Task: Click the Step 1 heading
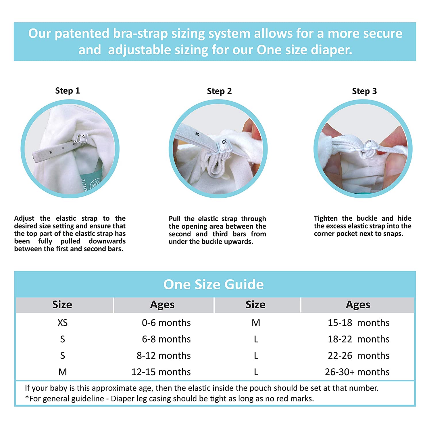[68, 91]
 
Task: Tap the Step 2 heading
[219, 91]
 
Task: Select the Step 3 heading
[364, 91]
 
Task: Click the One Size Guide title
[213, 284]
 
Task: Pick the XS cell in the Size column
[63, 323]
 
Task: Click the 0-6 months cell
[166, 323]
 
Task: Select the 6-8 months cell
[166, 339]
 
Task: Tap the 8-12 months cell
[163, 355]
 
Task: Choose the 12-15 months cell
[161, 372]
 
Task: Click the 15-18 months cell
[359, 323]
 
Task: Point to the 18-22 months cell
[359, 339]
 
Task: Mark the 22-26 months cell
[359, 355]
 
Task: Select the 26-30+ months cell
[357, 372]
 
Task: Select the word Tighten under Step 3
[326, 218]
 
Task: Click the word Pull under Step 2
[175, 219]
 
